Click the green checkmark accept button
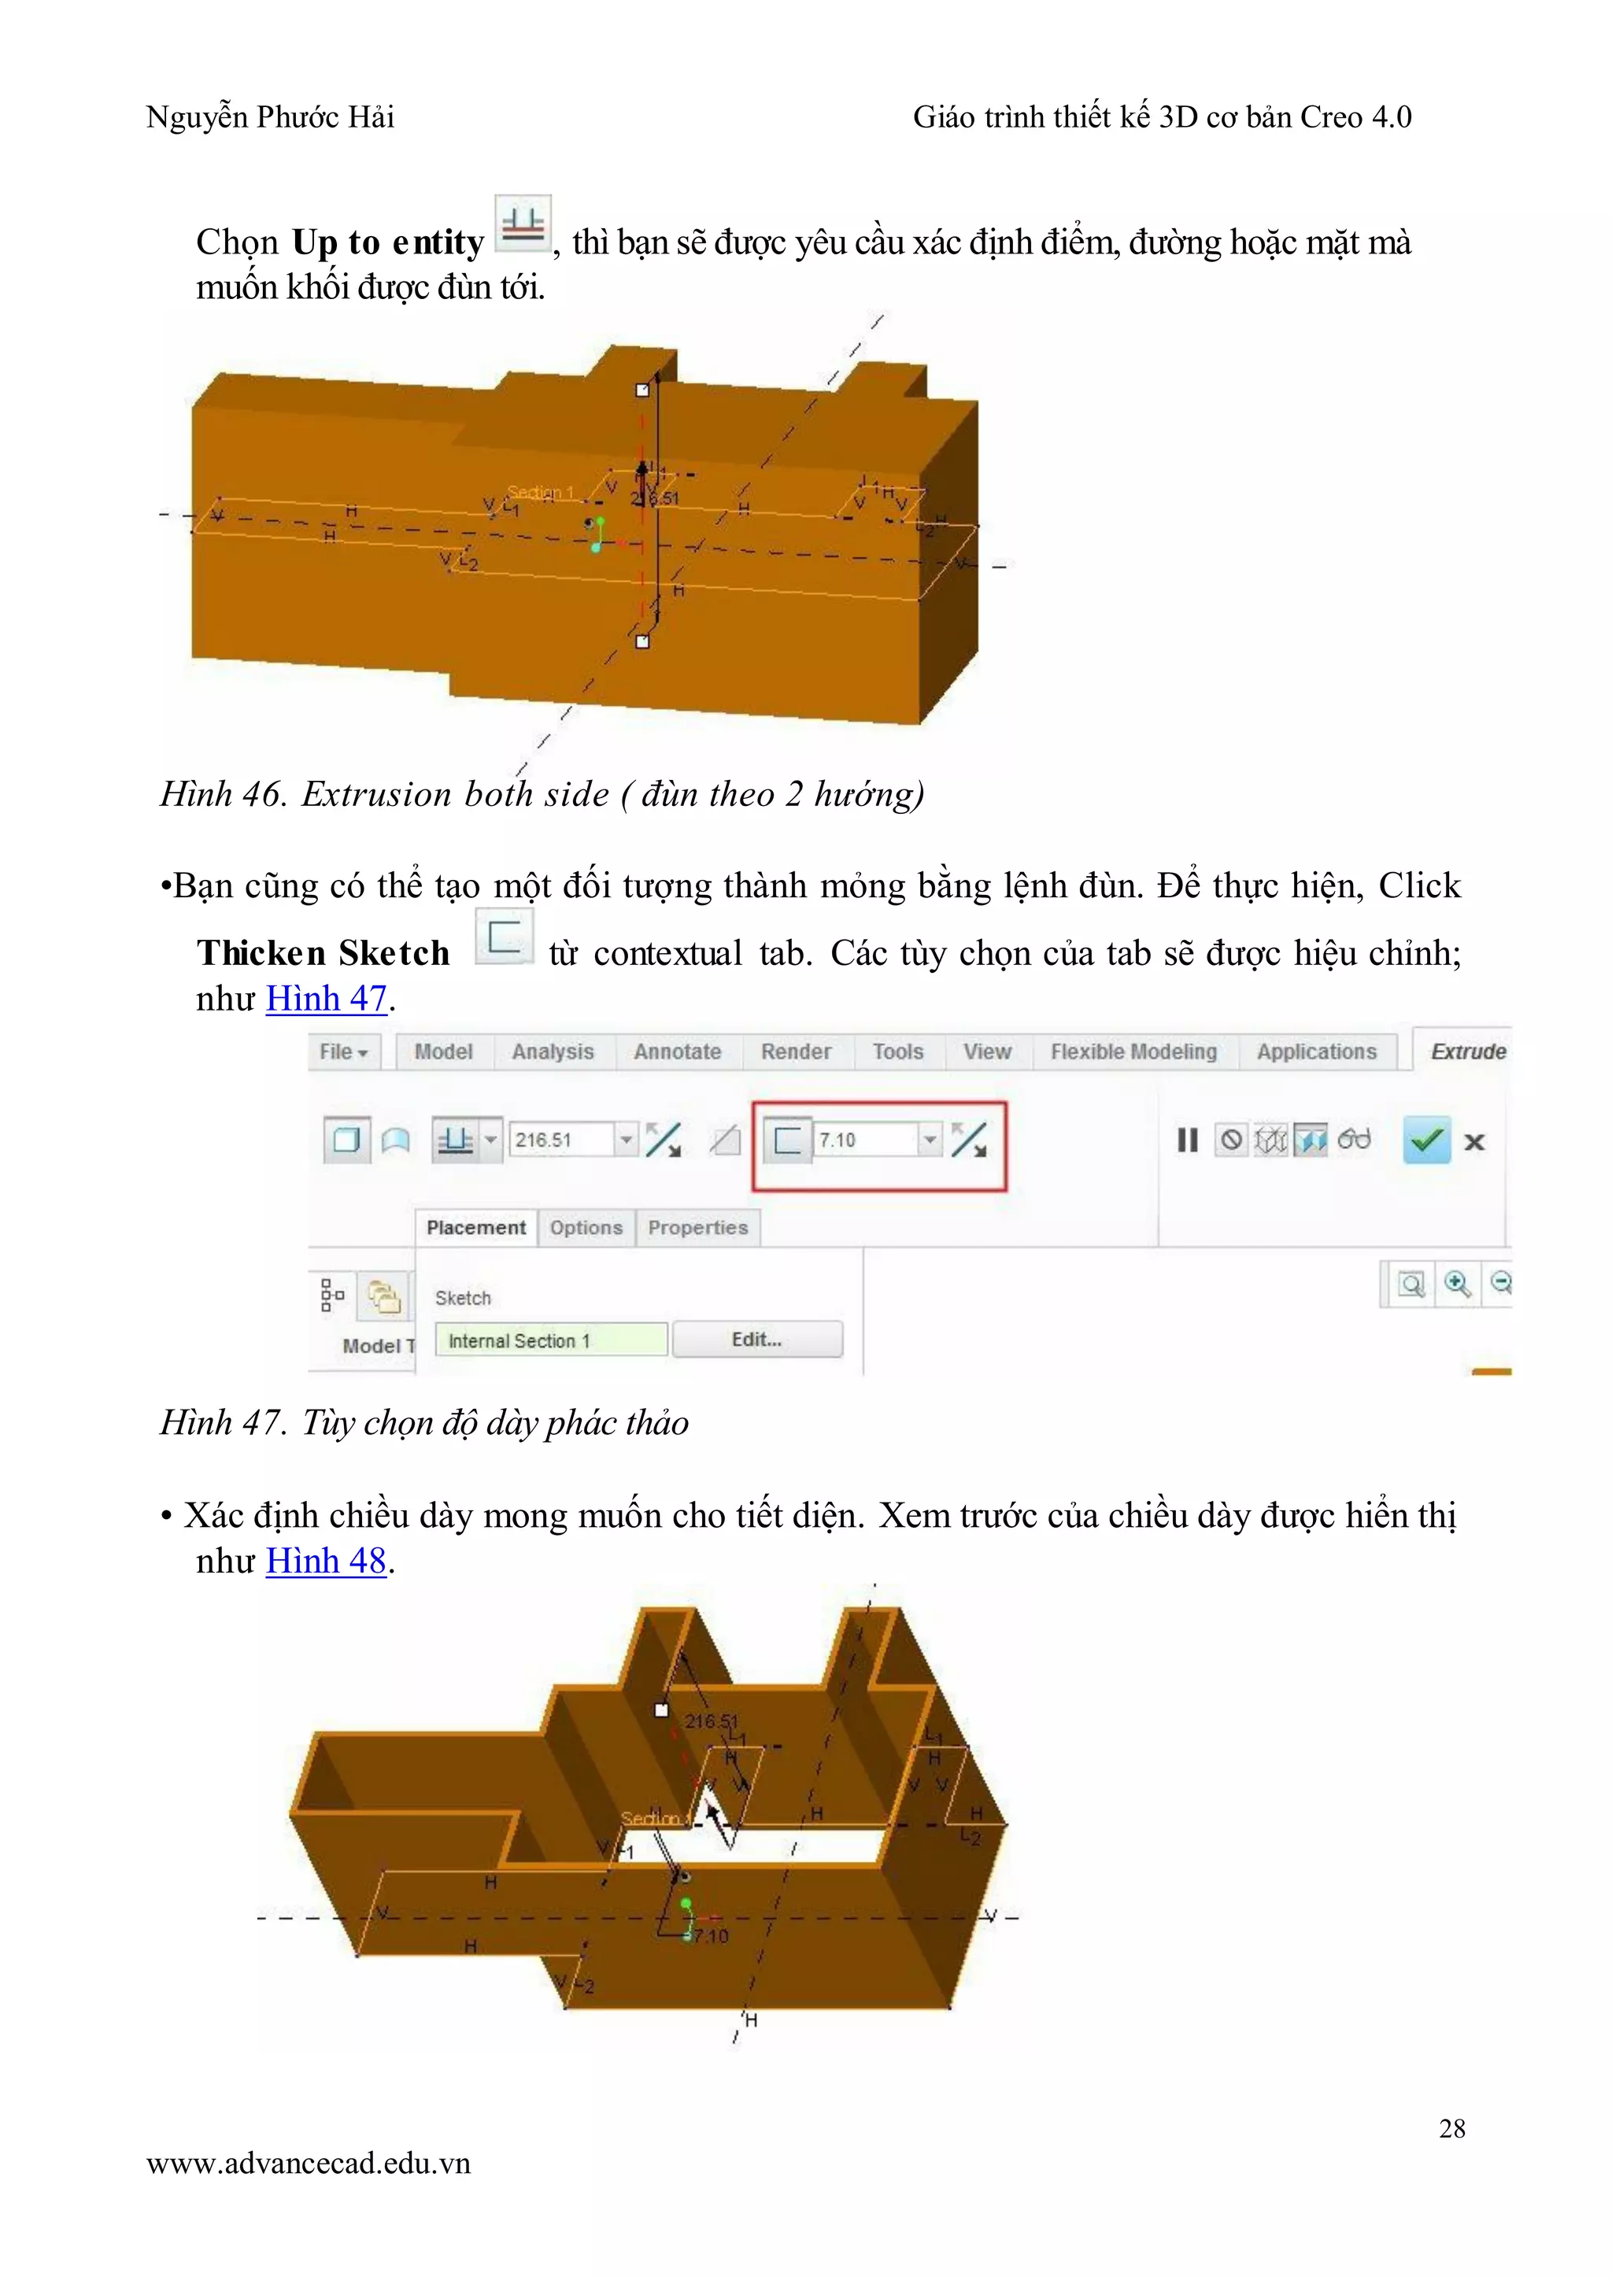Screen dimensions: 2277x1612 click(1425, 1140)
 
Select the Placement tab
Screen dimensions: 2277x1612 click(475, 1228)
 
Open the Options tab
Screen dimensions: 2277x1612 click(586, 1228)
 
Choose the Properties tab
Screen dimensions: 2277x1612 click(698, 1228)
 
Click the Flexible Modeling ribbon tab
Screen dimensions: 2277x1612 click(1133, 1052)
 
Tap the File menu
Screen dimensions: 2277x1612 click(342, 1052)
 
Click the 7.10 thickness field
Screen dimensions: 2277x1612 click(863, 1140)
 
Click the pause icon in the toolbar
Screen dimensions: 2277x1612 click(1187, 1140)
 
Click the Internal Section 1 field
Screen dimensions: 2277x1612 click(550, 1341)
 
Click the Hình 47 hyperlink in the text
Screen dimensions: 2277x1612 click(326, 999)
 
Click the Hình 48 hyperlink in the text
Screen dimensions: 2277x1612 click(326, 1562)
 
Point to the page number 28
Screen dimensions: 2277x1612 click(1451, 2128)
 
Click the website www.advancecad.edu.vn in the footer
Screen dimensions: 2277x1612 click(308, 2164)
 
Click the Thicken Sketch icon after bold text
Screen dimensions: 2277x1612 click(505, 936)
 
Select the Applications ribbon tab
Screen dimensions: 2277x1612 click(1316, 1052)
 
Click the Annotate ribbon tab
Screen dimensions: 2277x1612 click(677, 1052)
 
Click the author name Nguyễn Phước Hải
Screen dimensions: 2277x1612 click(270, 117)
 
